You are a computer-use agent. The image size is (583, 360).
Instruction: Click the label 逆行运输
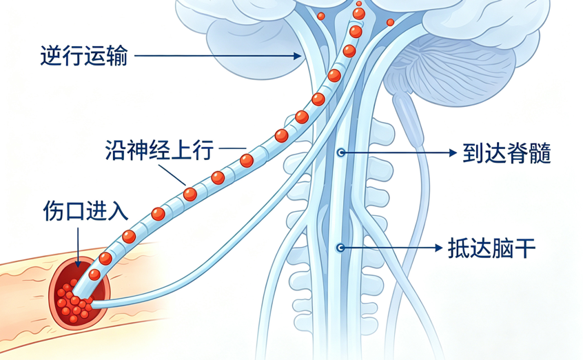(x=84, y=56)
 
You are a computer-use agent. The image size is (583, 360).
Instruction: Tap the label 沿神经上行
(x=159, y=150)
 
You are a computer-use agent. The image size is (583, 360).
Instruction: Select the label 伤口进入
(x=86, y=211)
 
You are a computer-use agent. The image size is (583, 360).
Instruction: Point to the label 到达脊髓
(x=507, y=153)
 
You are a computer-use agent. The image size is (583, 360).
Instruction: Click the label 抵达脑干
(x=491, y=248)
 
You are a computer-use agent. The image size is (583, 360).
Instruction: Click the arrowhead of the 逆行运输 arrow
(x=297, y=56)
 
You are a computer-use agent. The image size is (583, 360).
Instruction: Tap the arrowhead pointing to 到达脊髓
(x=453, y=152)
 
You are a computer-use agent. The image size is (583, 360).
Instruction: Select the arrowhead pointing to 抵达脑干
(x=438, y=248)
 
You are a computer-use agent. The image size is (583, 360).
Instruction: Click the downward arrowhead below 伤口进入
(x=78, y=263)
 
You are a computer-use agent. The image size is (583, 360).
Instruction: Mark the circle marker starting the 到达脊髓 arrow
(x=340, y=152)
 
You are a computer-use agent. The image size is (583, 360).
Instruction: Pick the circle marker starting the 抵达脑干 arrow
(x=340, y=248)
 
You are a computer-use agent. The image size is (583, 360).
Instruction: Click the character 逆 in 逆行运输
(x=51, y=56)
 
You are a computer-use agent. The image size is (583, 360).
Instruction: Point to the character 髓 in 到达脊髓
(x=540, y=153)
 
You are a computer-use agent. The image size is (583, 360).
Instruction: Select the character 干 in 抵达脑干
(x=524, y=248)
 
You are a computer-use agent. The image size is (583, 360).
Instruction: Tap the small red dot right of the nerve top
(x=390, y=22)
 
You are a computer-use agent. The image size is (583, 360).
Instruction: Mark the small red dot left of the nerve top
(x=321, y=16)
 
